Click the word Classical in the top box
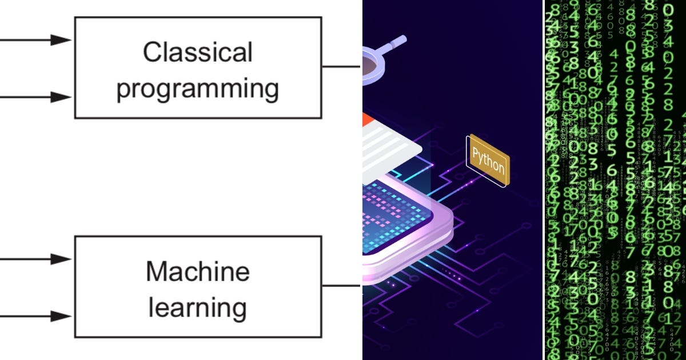[197, 53]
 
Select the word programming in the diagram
[197, 90]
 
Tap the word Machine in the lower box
[197, 271]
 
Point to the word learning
[197, 307]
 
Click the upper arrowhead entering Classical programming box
[60, 39]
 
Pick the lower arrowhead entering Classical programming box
[60, 97]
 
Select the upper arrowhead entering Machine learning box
[60, 259]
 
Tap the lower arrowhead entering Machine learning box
[60, 316]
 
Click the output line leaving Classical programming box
[341, 66]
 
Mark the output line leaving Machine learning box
[341, 286]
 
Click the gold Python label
[488, 161]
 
